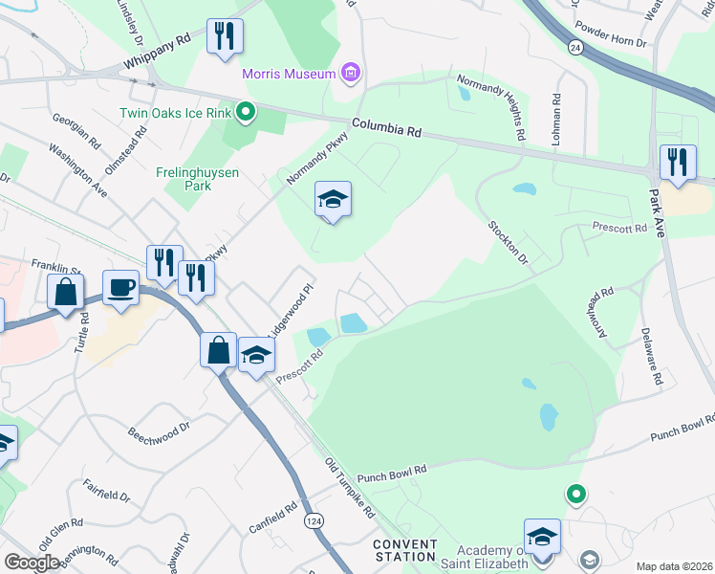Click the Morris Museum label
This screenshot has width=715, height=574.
pos(288,74)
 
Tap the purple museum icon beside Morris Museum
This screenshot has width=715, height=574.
pos(350,73)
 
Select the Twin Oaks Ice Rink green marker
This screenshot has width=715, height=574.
pos(246,113)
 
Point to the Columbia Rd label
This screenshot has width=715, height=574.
pos(386,126)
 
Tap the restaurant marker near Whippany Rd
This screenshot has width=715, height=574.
pos(225,37)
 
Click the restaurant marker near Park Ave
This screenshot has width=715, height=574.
pos(678,163)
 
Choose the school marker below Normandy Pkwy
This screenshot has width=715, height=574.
pos(333,200)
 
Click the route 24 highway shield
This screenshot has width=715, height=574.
pos(574,48)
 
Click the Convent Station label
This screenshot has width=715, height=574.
pos(405,550)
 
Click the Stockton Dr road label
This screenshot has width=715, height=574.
pos(508,242)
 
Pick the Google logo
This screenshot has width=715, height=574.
pos(31,563)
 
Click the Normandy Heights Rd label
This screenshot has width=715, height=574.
pos(490,105)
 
